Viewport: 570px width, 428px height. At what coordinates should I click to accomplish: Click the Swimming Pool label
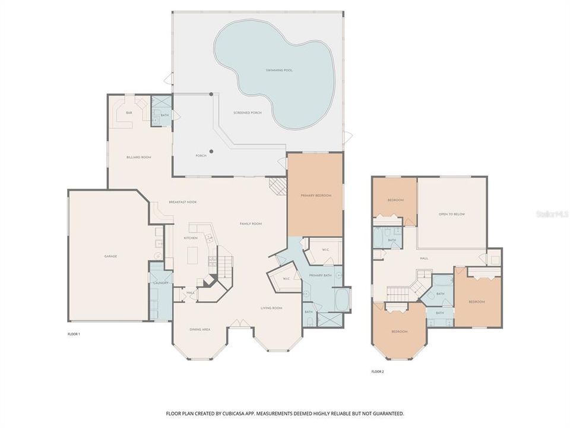click(279, 70)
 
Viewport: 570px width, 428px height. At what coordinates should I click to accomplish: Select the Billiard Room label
click(139, 157)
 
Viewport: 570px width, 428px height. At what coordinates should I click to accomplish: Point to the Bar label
click(129, 112)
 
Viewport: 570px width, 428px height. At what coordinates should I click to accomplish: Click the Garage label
click(110, 256)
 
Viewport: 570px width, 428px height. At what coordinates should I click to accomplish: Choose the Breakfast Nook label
click(182, 202)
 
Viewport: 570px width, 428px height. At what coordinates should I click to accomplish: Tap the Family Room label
click(251, 224)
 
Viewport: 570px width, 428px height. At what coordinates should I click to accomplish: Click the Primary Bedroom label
click(315, 195)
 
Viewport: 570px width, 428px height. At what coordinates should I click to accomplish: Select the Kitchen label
click(190, 238)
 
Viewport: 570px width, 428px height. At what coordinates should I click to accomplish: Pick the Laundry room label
click(161, 283)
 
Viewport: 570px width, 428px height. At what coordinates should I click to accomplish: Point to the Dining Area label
click(199, 329)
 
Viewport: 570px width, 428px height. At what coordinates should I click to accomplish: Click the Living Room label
click(271, 308)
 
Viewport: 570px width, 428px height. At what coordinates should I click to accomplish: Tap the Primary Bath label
click(319, 276)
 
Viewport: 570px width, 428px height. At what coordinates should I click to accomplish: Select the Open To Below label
click(451, 214)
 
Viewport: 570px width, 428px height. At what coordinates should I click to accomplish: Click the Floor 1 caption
click(74, 334)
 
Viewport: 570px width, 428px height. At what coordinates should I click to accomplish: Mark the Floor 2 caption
click(378, 372)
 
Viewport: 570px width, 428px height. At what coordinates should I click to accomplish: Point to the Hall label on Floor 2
click(424, 258)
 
